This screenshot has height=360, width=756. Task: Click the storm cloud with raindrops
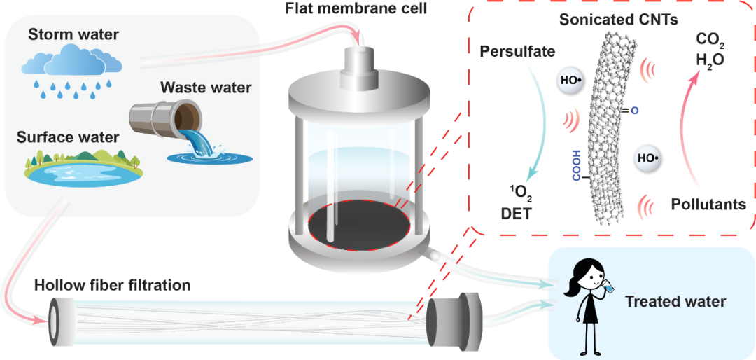[x=72, y=71]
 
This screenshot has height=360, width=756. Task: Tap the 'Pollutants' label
[x=708, y=204]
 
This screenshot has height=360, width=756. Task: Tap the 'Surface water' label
[x=67, y=137]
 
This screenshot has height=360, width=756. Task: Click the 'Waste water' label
[x=200, y=88]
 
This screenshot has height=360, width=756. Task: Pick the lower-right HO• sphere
[x=648, y=158]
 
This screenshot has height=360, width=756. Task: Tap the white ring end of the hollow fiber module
[x=59, y=318]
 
